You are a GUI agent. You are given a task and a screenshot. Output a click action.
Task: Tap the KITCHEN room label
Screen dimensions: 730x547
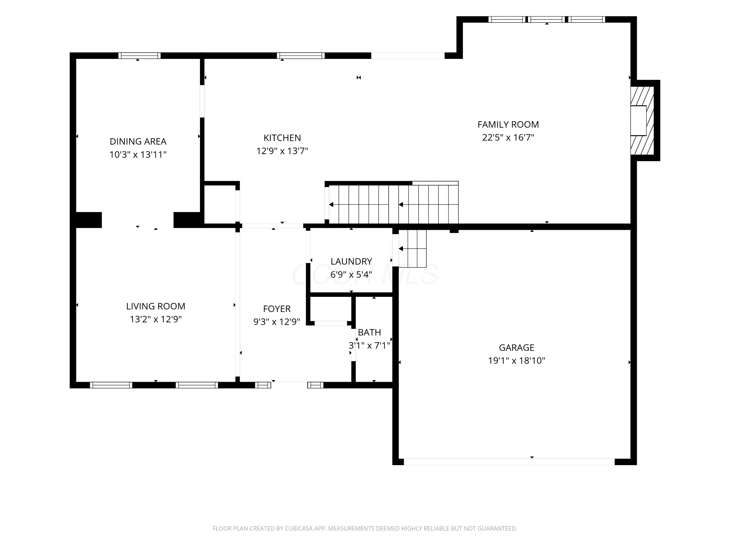click(282, 138)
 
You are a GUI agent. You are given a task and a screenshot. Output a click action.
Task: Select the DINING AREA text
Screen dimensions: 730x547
click(138, 141)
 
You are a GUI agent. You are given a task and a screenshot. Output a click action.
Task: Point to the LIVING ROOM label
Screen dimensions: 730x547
click(155, 306)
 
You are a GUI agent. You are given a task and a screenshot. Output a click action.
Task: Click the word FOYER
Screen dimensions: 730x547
click(277, 309)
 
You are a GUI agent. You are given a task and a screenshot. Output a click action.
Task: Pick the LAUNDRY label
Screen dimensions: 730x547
click(351, 261)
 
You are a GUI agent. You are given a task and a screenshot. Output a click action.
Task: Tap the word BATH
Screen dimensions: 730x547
click(369, 332)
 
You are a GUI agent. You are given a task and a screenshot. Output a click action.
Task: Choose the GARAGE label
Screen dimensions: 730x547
click(517, 347)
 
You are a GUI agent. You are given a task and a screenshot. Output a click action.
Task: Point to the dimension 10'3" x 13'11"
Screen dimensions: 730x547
click(138, 154)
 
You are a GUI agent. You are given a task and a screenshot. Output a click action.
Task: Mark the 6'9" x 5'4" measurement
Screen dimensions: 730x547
click(351, 274)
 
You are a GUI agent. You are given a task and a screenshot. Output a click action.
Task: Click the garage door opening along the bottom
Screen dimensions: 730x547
click(509, 462)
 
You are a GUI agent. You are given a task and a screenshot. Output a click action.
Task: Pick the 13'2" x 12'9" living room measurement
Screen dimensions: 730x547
click(155, 319)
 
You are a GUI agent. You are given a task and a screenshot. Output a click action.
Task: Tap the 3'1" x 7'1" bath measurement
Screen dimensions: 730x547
click(369, 345)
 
